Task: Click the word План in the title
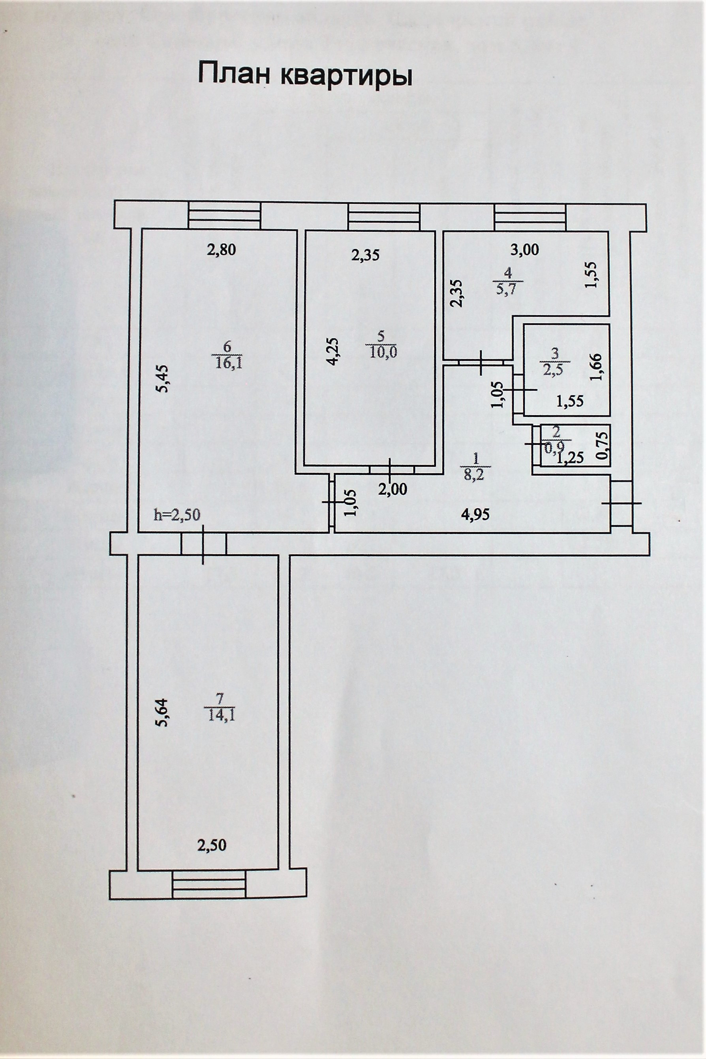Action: pos(234,75)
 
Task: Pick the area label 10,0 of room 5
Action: pos(382,352)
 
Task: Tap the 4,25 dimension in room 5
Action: pos(333,351)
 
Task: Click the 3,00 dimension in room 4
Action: pos(526,250)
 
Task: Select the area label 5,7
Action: pos(508,289)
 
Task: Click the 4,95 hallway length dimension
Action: pos(475,514)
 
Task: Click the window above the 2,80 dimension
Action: pos(224,216)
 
